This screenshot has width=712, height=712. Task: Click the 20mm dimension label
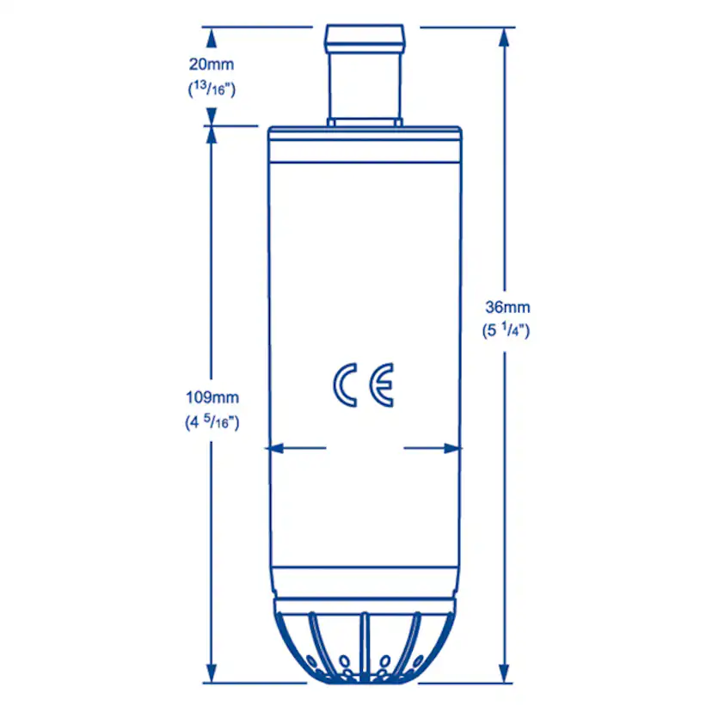tap(211, 64)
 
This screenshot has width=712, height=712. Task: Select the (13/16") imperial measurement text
tap(211, 88)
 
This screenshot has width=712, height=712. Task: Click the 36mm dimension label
tap(507, 307)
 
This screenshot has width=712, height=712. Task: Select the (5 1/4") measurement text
tap(507, 331)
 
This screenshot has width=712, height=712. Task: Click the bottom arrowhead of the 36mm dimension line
tap(505, 674)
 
